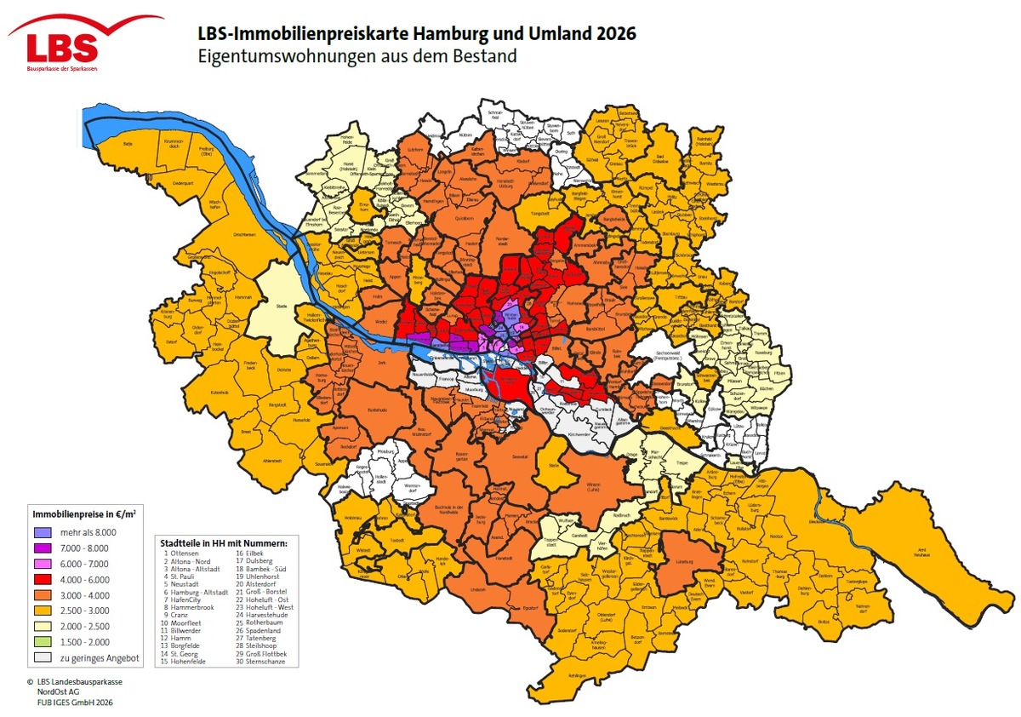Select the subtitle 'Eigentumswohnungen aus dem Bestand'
pos(356,57)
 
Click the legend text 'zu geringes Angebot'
pos(87,658)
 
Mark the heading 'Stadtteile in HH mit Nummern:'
pos(224,542)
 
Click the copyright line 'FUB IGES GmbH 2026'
pos(80,703)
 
